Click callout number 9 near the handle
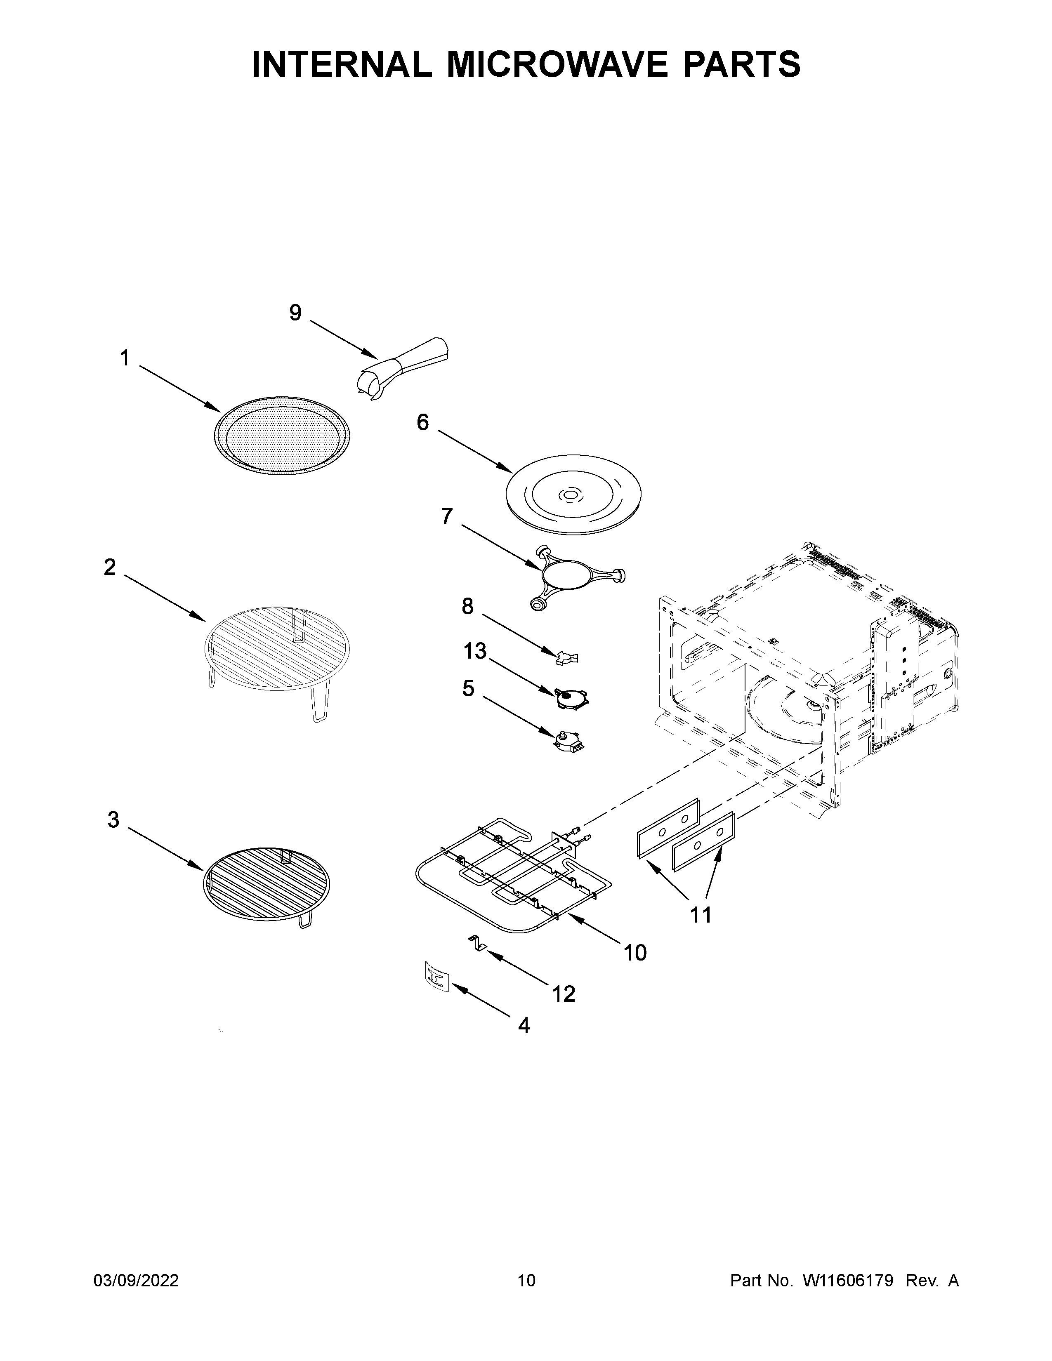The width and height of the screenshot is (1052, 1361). (x=295, y=313)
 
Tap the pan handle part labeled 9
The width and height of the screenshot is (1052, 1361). (x=405, y=365)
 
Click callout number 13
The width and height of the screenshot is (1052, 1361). (x=474, y=652)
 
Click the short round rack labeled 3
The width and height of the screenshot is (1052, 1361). (x=267, y=884)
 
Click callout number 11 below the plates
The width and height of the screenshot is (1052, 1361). (x=701, y=915)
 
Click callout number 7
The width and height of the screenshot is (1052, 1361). (x=447, y=517)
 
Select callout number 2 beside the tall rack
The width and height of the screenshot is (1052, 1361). (x=110, y=567)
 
